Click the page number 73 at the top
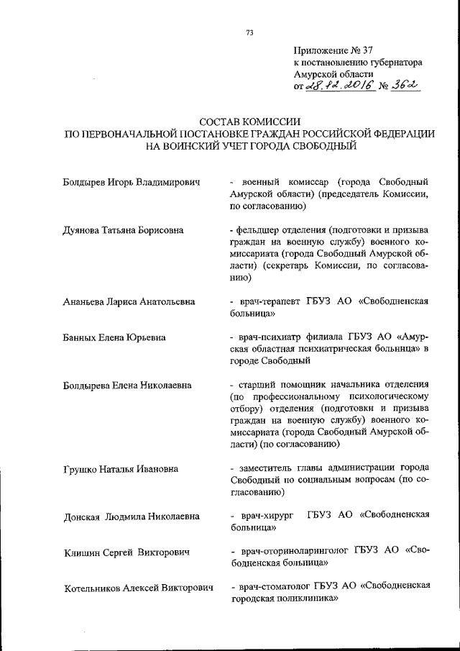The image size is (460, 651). coord(249,32)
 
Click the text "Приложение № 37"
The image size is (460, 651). coord(334,50)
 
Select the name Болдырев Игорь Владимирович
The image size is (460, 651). coord(131,182)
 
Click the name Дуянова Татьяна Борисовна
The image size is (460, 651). coord(123,230)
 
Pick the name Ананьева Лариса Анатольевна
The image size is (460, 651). coord(129,302)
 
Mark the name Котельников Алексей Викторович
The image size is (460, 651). coord(138,588)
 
